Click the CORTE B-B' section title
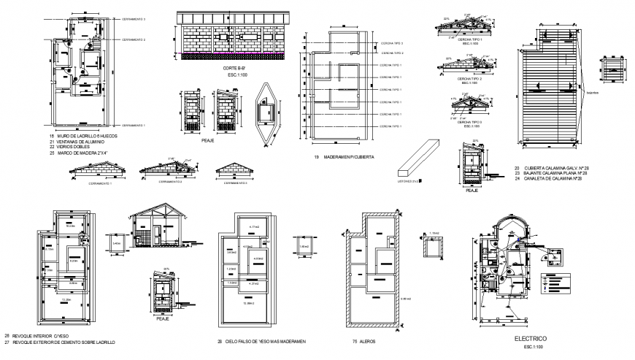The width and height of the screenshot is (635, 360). (x=236, y=68)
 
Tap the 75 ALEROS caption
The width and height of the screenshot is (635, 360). (x=365, y=341)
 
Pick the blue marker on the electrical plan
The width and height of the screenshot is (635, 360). (x=517, y=238)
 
